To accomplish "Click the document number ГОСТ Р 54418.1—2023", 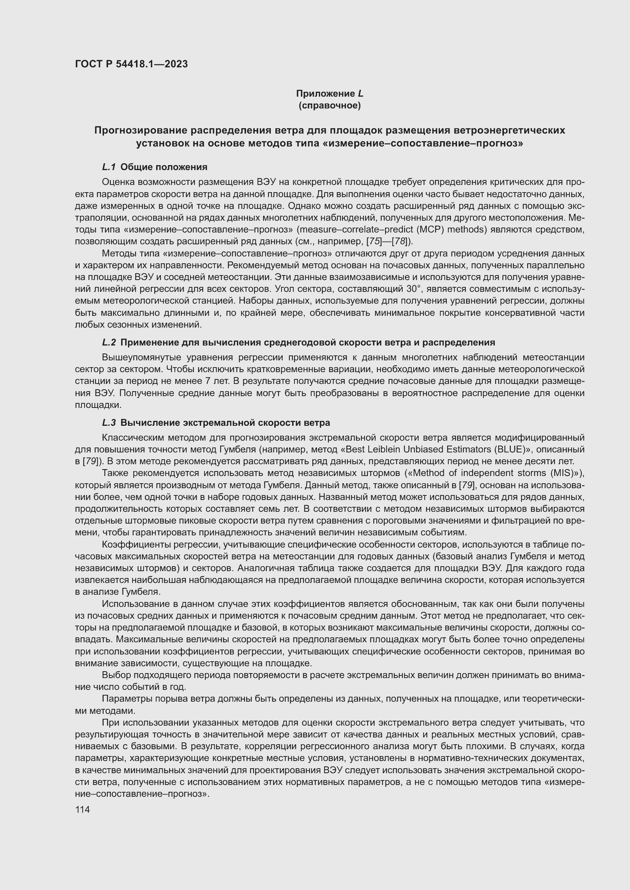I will click(131, 64).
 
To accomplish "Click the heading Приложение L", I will click(329, 94).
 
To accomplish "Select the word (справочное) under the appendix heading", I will click(329, 105).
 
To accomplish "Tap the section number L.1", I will click(109, 167).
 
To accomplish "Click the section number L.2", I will click(109, 342).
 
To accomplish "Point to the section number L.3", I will click(109, 422).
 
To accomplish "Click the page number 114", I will click(83, 809).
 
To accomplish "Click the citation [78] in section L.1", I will click(400, 242).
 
